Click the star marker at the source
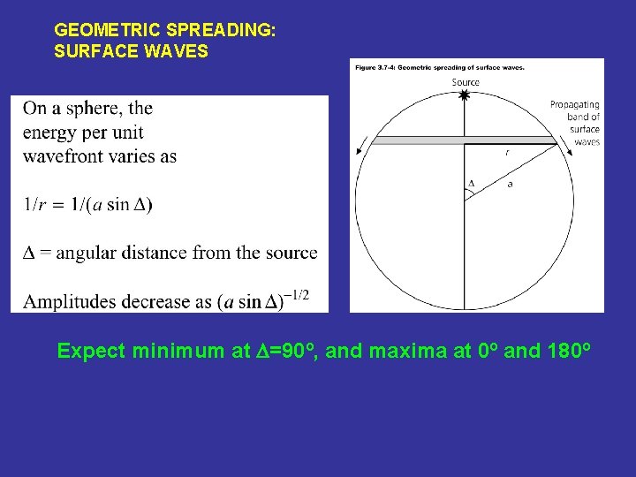[x=465, y=95]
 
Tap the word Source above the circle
[x=466, y=82]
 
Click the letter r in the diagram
[x=506, y=153]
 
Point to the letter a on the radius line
[x=510, y=184]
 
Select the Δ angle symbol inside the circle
[x=471, y=184]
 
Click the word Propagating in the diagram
[x=574, y=104]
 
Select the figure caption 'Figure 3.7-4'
[x=380, y=67]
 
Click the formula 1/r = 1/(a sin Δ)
[x=87, y=204]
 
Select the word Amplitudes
[x=69, y=301]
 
